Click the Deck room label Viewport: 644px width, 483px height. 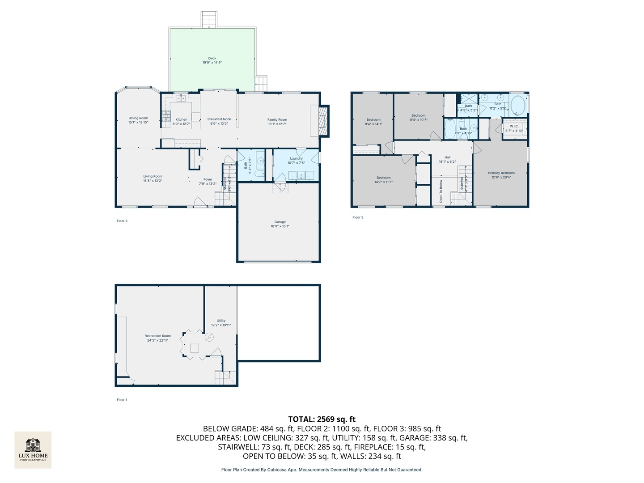(212, 60)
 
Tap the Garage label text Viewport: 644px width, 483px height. (280, 224)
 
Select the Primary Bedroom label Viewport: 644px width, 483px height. (501, 175)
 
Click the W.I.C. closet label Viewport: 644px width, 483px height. (514, 128)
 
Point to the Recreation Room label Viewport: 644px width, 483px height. (157, 338)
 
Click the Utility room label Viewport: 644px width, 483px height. (221, 323)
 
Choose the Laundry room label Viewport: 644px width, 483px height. (296, 161)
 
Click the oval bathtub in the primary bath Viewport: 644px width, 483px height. (518, 106)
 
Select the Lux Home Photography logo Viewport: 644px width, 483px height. (33, 449)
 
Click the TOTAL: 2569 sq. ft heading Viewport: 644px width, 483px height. (322, 419)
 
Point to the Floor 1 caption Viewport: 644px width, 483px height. (122, 400)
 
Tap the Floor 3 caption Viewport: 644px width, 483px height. (358, 217)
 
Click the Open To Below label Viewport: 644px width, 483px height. (441, 191)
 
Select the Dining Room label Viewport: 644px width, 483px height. (138, 120)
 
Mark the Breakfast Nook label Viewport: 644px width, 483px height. (219, 121)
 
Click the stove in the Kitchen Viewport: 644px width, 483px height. (166, 116)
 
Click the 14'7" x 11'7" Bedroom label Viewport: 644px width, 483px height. (383, 180)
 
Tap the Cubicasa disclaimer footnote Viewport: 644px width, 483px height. (322, 470)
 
